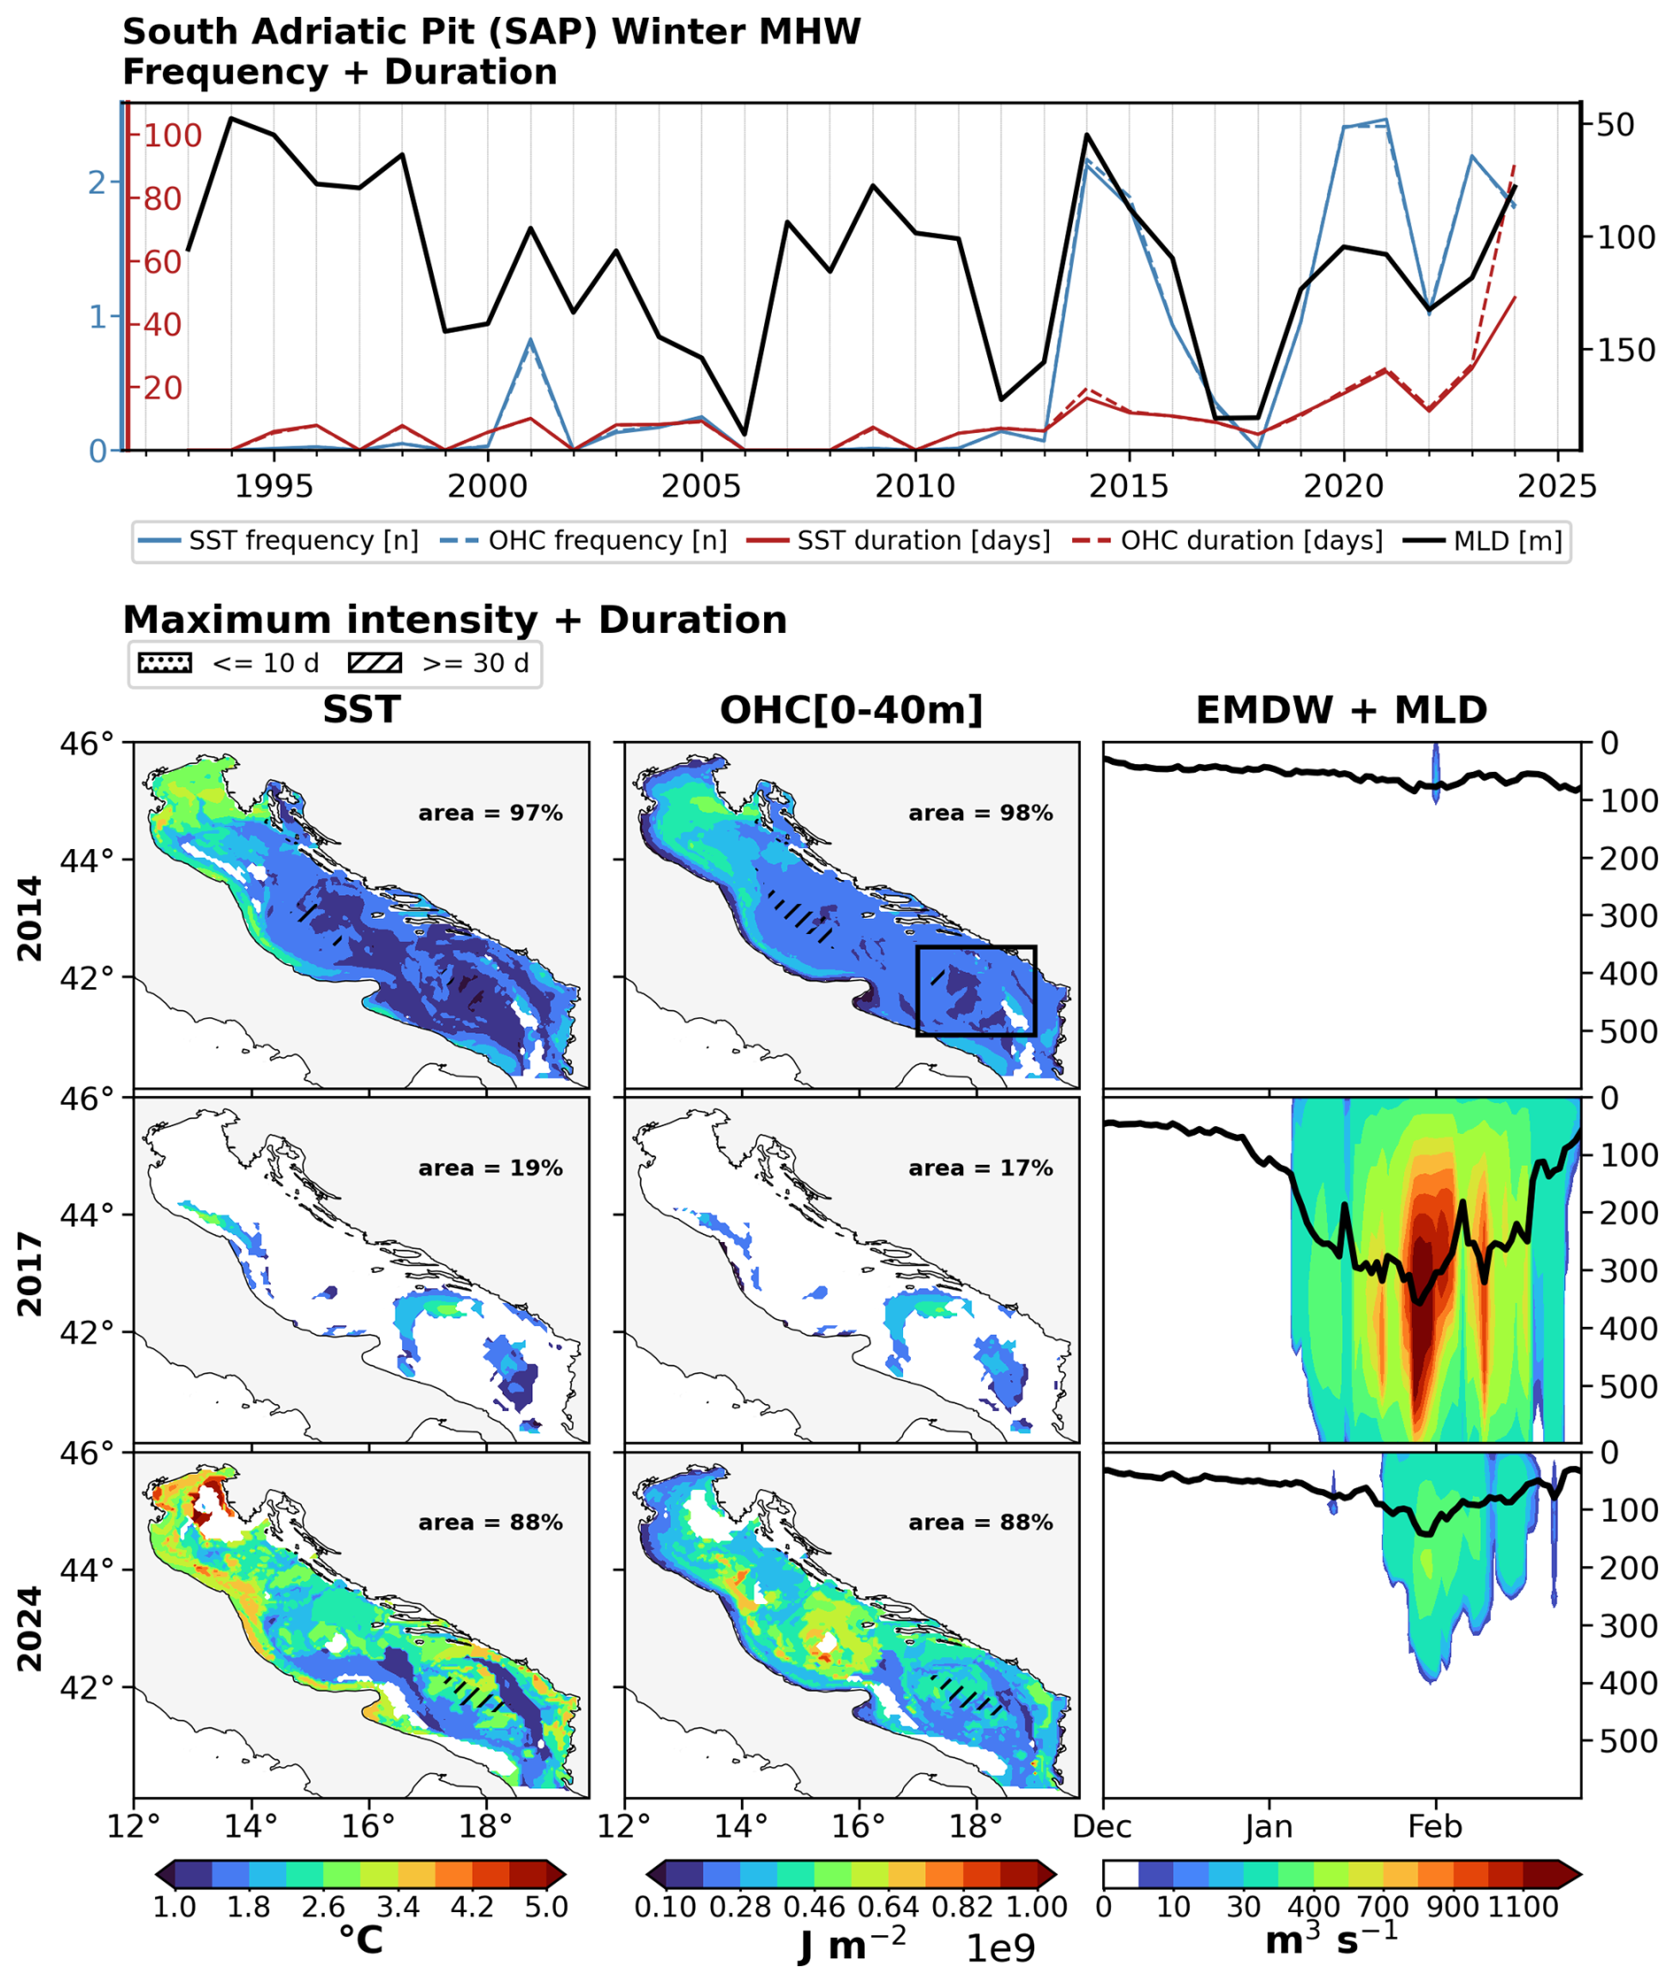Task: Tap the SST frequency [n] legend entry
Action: tap(278, 541)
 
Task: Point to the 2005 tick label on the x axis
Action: tap(701, 486)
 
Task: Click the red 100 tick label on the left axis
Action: tap(173, 135)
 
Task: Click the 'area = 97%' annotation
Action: tap(490, 813)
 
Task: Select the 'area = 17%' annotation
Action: tap(981, 1168)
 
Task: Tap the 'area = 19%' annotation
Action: tap(490, 1168)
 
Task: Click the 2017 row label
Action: tap(29, 1274)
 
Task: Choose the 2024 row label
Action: tap(29, 1629)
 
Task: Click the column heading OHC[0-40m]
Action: tap(852, 710)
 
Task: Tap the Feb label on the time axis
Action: tap(1435, 1826)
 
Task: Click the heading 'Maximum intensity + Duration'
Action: tap(455, 620)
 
